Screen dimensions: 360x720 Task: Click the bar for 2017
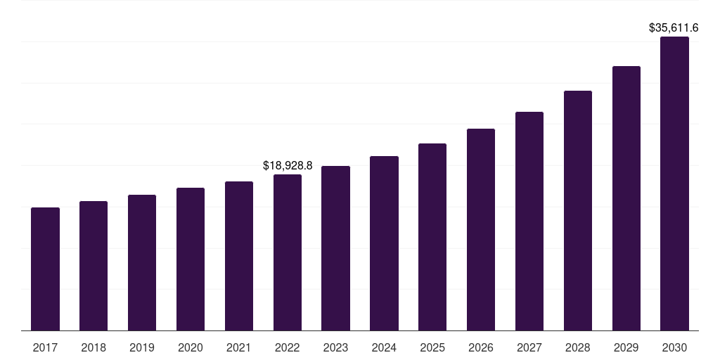[45, 269]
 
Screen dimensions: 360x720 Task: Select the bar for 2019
[142, 262]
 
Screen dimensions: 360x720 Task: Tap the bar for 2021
[239, 256]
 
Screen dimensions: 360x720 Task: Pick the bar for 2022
[288, 252]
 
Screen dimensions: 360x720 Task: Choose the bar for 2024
[384, 243]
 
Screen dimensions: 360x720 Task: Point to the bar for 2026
[481, 229]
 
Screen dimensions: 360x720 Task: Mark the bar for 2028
[578, 210]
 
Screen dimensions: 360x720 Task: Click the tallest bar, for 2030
[674, 184]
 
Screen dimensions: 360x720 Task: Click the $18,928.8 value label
[288, 166]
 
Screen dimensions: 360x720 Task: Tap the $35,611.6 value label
[673, 28]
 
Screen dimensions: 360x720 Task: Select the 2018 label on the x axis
[94, 347]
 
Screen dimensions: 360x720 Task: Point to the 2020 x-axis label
[191, 347]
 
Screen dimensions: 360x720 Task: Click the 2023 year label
[335, 347]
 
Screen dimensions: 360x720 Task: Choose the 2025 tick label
[432, 347]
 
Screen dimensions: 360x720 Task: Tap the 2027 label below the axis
[529, 347]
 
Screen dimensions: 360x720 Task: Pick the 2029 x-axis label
[626, 347]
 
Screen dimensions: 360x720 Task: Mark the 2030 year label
[674, 347]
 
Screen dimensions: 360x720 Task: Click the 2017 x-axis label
[45, 347]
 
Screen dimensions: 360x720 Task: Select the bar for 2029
[626, 198]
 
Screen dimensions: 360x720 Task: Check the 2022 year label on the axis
[288, 347]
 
